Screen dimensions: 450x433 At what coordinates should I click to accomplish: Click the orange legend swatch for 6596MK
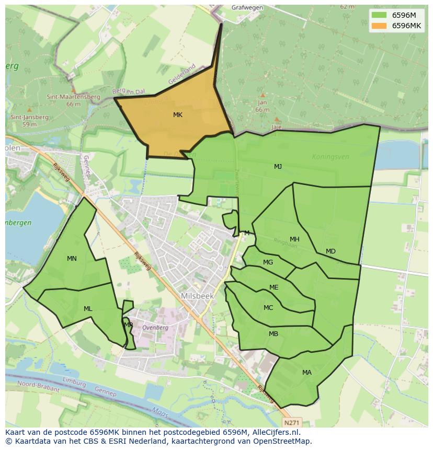click(379, 26)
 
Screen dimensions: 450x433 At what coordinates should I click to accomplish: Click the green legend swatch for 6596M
click(379, 15)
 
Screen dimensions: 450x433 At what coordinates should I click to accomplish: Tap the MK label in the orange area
click(178, 115)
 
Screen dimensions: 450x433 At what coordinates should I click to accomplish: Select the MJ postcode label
click(278, 167)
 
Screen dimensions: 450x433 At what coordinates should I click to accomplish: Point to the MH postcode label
click(294, 239)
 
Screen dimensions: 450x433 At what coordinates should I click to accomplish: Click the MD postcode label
click(331, 251)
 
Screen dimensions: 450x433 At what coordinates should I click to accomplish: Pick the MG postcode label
click(268, 262)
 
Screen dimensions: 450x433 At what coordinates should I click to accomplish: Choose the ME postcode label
click(274, 287)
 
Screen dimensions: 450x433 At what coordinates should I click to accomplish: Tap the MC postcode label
click(268, 308)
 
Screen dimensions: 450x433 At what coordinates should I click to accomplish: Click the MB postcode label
click(274, 334)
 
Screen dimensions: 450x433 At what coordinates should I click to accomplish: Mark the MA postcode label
click(306, 373)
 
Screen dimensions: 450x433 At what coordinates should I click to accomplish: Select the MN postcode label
click(72, 259)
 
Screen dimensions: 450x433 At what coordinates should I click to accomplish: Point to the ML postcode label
click(88, 309)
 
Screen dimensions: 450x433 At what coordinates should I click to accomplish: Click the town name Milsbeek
click(198, 296)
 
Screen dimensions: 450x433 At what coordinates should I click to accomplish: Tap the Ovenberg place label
click(155, 328)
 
